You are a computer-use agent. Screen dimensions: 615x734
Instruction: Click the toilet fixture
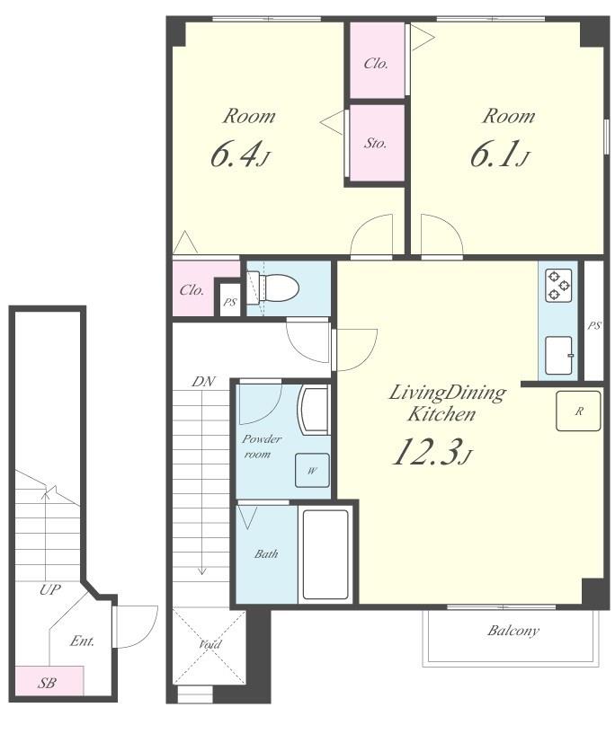tap(278, 287)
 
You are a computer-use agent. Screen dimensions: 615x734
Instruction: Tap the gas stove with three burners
tap(557, 285)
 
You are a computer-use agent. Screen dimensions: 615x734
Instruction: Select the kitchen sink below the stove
tap(558, 355)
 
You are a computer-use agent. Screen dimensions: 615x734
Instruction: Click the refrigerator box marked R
tap(578, 411)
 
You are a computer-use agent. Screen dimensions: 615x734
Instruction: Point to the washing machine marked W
tap(312, 470)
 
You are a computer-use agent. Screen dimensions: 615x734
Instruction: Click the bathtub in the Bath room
tap(325, 554)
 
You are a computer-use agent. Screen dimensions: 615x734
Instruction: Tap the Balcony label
tap(512, 631)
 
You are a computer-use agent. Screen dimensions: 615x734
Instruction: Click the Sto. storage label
tap(376, 143)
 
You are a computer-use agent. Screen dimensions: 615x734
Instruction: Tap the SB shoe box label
tap(47, 684)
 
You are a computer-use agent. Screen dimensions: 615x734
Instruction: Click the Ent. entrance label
tap(82, 641)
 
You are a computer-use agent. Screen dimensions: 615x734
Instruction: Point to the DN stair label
tap(203, 382)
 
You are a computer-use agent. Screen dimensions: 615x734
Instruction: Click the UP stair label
tap(50, 589)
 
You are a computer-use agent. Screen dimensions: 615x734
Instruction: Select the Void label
tap(209, 644)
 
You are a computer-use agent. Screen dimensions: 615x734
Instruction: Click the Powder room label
tap(262, 447)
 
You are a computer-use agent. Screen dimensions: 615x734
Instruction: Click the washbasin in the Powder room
tap(314, 408)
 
